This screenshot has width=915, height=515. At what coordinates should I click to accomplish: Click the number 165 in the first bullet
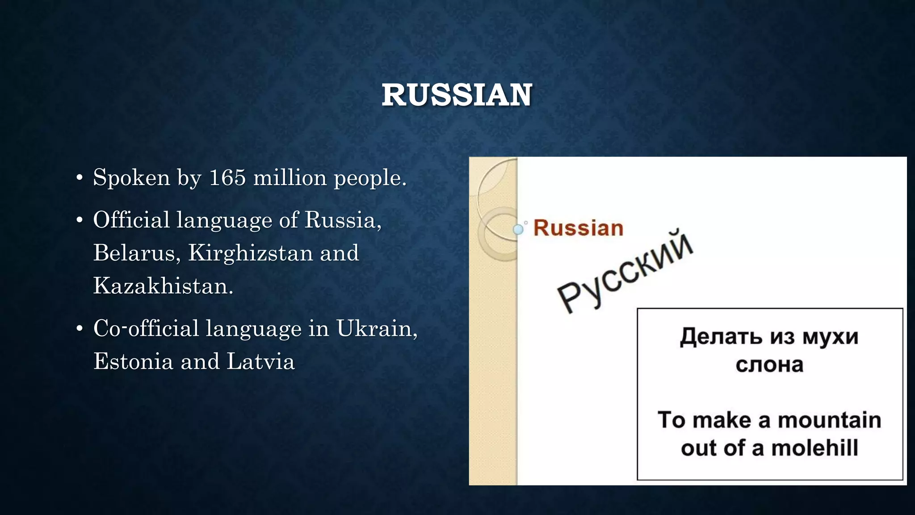point(227,177)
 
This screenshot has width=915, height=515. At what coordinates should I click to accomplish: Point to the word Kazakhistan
point(163,286)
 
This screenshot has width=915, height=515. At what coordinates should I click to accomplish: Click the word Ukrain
point(377,329)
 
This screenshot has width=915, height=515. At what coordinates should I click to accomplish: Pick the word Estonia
point(133,361)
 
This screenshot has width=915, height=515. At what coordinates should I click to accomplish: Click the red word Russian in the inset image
point(578,228)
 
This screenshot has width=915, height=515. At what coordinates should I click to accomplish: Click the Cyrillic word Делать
point(721,336)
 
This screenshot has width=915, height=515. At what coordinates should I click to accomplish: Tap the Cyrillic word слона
point(769,365)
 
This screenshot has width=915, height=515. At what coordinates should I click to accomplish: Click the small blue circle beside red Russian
point(518,230)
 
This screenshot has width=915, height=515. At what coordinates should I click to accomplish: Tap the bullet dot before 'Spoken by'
point(80,178)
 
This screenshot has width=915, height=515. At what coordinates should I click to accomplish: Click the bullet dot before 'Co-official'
point(80,329)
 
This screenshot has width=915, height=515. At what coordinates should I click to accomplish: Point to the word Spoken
point(131,177)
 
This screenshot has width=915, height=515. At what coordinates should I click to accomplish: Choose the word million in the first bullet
point(290,177)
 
